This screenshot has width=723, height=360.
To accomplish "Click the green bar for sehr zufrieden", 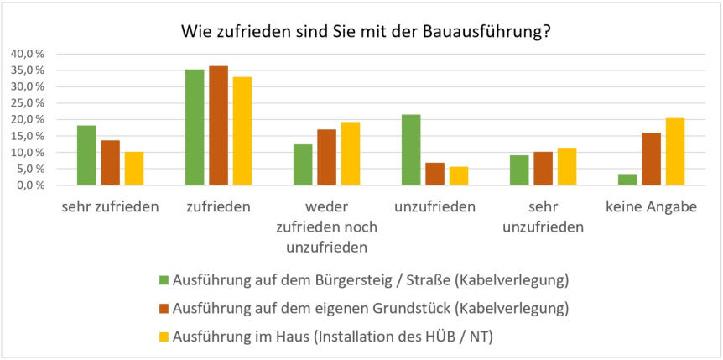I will tap(86, 155).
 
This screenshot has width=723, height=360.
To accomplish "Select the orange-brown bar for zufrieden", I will tap(218, 126).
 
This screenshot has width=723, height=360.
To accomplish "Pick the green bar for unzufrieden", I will tap(411, 150).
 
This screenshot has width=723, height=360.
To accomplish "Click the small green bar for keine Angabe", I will tap(627, 180).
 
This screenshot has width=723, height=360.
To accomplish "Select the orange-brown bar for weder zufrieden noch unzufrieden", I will tap(326, 158).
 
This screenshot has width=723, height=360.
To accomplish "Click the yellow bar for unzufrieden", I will tap(458, 176).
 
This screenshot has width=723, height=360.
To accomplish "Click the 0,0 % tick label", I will tap(30, 185).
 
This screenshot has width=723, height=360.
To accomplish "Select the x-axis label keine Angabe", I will tap(650, 207).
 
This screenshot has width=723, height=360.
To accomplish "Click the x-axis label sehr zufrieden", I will tap(110, 207).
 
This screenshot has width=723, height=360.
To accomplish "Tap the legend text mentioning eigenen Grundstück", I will tap(370, 308).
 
